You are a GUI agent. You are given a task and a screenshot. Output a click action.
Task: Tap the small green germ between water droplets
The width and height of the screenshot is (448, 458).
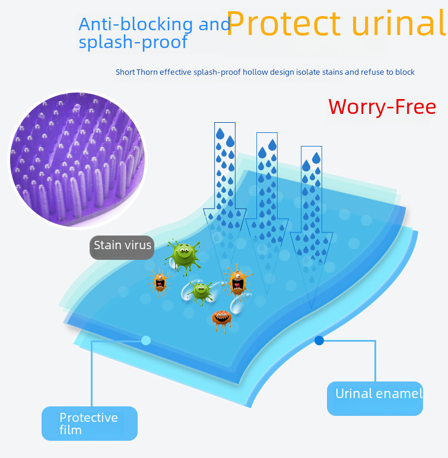tap(201, 291)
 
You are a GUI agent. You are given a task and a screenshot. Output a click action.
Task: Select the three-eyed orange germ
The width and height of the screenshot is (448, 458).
tap(221, 319)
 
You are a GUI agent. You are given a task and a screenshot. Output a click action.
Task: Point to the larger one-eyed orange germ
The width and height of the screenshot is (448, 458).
tap(237, 281)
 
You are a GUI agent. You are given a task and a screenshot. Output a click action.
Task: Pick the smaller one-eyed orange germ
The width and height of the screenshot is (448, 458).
tap(159, 281)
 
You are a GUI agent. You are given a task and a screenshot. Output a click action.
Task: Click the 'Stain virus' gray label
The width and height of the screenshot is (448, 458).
tap(122, 246)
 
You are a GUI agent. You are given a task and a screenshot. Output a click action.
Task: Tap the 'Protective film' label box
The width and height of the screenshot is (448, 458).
tap(89, 423)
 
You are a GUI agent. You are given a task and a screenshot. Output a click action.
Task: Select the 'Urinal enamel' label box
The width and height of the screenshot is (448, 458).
tap(375, 398)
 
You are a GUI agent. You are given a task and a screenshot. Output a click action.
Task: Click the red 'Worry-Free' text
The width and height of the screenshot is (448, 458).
tap(382, 107)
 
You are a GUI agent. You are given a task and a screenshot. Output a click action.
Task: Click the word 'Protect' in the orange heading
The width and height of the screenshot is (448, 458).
tap(284, 24)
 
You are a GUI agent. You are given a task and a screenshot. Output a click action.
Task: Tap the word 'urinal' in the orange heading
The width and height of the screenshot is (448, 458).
tap(399, 24)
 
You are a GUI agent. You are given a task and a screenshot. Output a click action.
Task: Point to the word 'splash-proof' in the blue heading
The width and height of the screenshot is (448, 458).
tap(134, 42)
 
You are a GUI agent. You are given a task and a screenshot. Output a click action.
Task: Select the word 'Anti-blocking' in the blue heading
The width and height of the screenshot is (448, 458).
tap(136, 24)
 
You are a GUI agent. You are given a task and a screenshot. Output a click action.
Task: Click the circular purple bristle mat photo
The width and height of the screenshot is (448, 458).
tap(77, 159)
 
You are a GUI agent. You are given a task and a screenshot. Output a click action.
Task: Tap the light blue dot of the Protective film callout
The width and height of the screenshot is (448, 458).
tap(146, 341)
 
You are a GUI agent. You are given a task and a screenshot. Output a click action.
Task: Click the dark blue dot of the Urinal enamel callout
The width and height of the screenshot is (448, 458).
tap(319, 341)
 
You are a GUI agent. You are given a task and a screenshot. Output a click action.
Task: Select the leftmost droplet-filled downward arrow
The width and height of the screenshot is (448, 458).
tap(224, 190)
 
